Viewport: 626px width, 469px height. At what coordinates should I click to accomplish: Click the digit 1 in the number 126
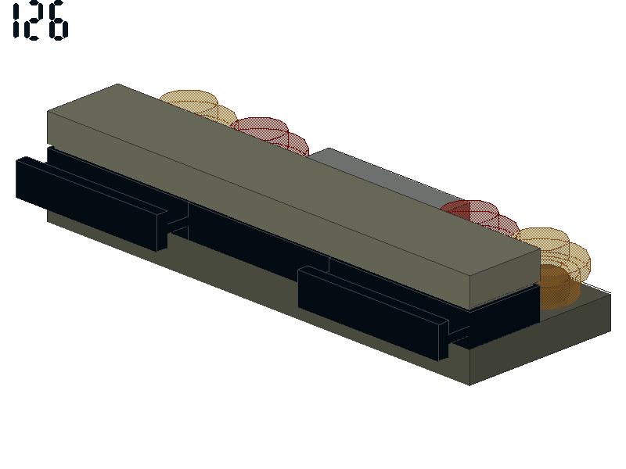click(x=16, y=20)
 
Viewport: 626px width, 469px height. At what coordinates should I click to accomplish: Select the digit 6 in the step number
click(x=56, y=20)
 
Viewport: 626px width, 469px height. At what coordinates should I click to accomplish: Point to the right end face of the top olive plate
click(x=505, y=279)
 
